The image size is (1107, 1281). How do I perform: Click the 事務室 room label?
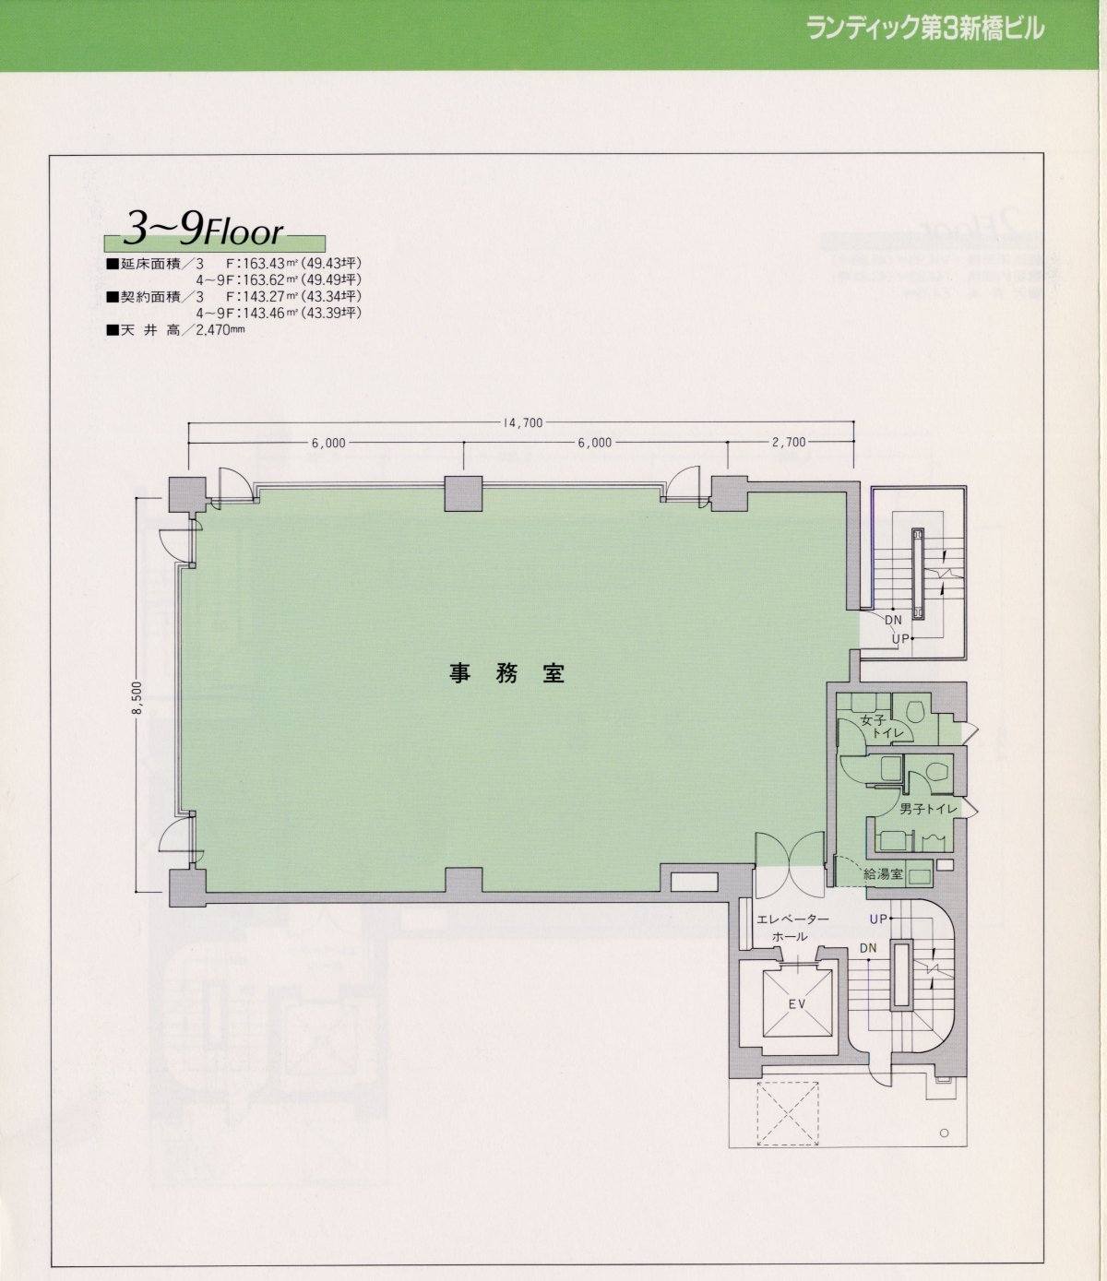pyautogui.click(x=507, y=673)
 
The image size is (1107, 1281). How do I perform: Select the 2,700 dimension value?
pyautogui.click(x=789, y=442)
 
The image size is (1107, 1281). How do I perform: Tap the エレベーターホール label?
pyautogui.click(x=792, y=928)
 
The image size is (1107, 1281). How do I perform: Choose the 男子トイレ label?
pyautogui.click(x=928, y=809)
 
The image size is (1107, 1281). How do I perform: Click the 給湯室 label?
pyautogui.click(x=883, y=874)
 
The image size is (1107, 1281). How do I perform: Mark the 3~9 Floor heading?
pyautogui.click(x=203, y=231)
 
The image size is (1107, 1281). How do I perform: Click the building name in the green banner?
pyautogui.click(x=926, y=29)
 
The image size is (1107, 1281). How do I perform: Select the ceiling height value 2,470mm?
pyautogui.click(x=220, y=330)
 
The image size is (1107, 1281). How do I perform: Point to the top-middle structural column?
pyautogui.click(x=463, y=493)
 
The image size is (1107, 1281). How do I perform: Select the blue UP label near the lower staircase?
pyautogui.click(x=878, y=919)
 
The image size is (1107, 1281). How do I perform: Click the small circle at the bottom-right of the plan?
pyautogui.click(x=944, y=1133)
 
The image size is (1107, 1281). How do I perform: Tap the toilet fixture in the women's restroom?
pyautogui.click(x=915, y=710)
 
